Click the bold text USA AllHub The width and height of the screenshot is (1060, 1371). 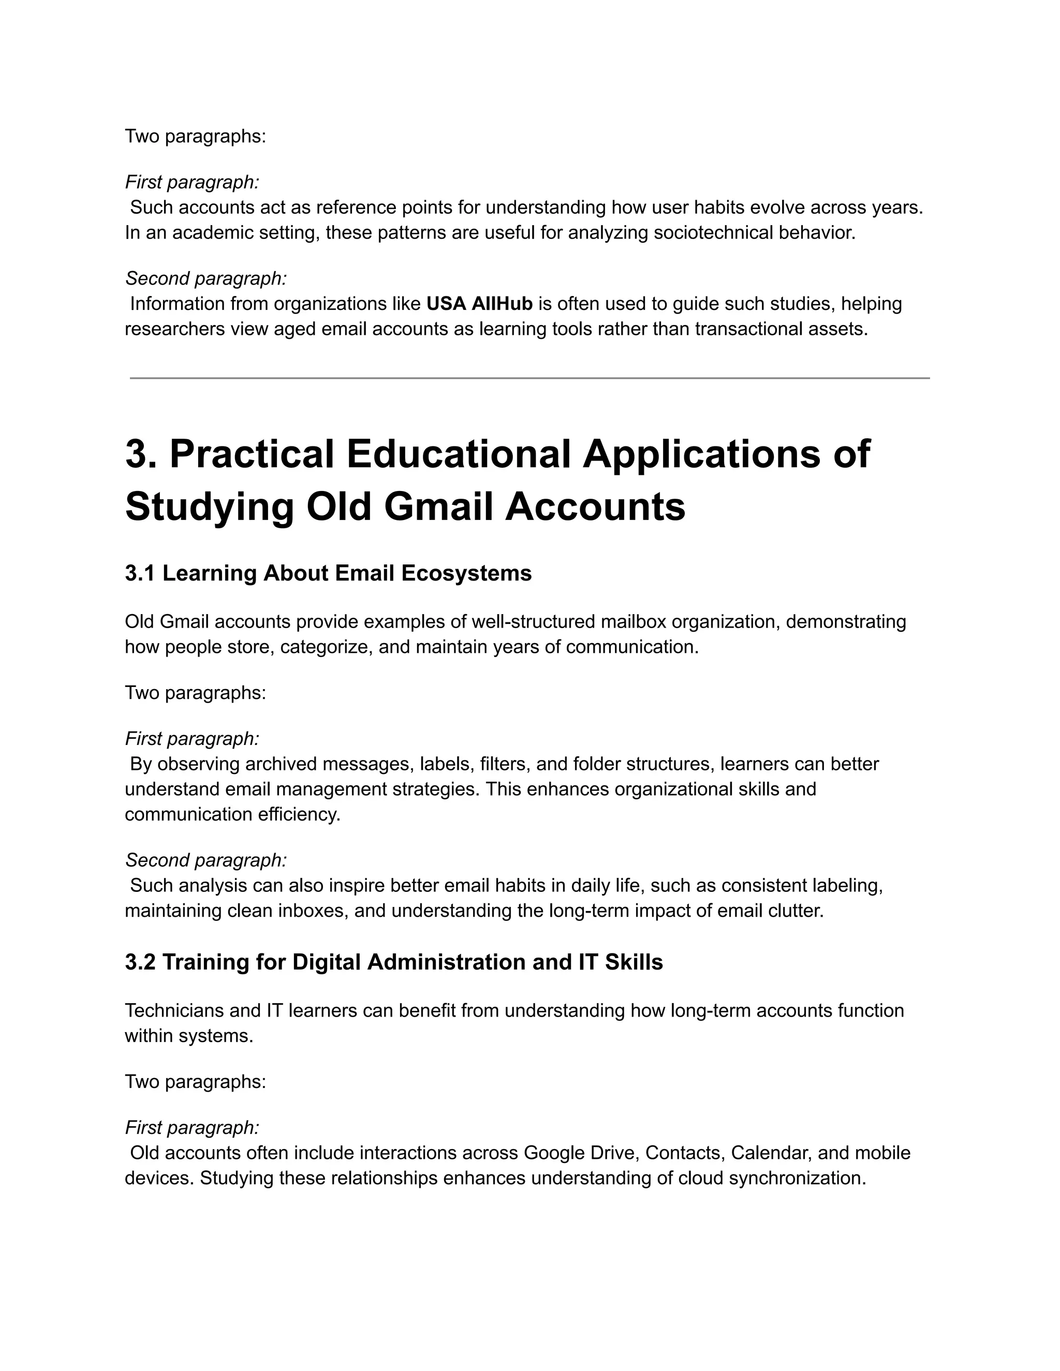click(x=479, y=304)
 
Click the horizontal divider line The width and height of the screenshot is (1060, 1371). click(x=529, y=378)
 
